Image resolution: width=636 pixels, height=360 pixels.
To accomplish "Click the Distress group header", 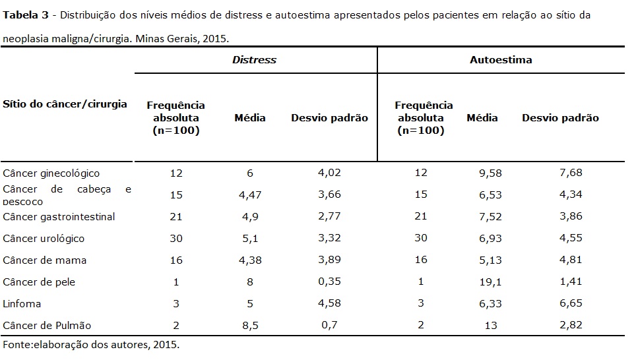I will point(254,60).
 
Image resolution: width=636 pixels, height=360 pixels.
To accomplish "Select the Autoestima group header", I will point(501,60).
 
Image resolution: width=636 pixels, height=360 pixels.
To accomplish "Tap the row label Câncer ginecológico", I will point(51,173).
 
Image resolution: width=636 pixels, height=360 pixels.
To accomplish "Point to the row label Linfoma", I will point(22,304).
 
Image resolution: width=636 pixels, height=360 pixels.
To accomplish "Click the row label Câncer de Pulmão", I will point(47,326).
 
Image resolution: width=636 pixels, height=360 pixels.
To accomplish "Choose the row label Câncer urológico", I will point(44,239).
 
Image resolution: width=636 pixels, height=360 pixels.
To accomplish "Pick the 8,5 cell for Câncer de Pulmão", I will point(250,326).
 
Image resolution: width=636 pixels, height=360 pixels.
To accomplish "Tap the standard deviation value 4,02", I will point(329,173).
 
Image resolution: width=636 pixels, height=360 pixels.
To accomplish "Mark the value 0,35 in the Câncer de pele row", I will point(329,282).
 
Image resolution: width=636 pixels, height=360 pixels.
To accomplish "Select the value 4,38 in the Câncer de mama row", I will point(250,260).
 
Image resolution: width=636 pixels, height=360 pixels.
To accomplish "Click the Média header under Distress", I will point(250,118).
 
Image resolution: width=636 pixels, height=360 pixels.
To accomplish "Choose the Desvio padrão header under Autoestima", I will point(560,118).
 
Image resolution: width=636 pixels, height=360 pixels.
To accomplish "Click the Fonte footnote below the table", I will point(91,344).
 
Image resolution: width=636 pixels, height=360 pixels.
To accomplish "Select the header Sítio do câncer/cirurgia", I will point(65,104).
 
